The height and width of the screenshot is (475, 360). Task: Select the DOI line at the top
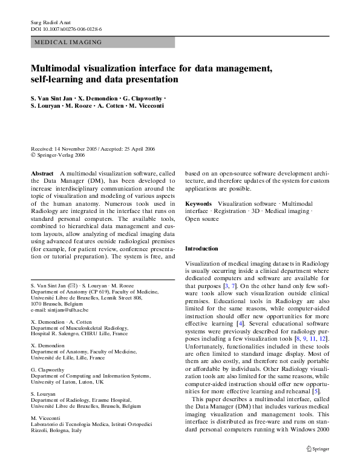[66, 29]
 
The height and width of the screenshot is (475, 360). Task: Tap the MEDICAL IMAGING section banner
[68, 42]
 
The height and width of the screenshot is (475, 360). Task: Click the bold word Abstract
[42, 172]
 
